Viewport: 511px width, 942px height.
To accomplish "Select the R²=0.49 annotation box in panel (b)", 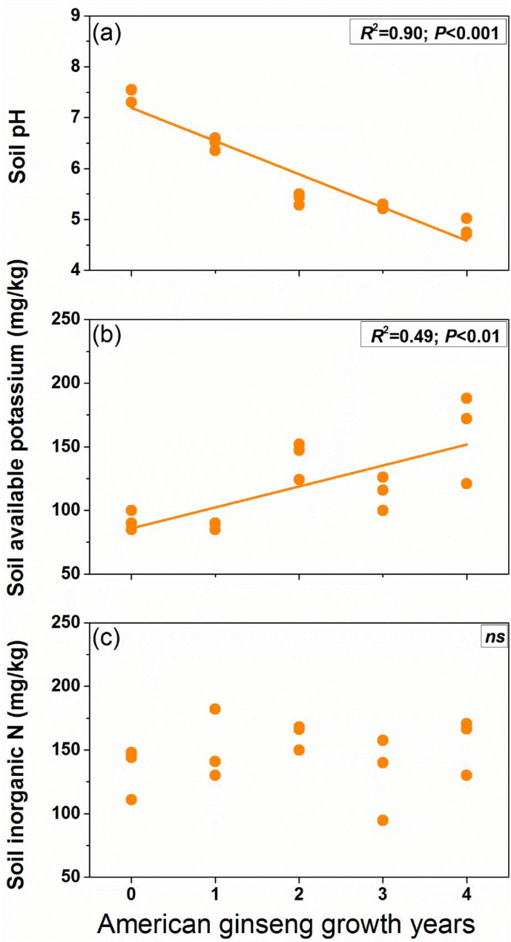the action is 434,335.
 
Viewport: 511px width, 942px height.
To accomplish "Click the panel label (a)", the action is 107,33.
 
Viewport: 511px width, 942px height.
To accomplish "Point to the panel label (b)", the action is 107,336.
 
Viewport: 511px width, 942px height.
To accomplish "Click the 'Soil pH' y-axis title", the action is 18,146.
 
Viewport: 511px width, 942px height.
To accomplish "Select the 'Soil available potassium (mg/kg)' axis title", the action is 18,426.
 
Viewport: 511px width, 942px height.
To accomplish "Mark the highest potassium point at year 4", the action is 467,398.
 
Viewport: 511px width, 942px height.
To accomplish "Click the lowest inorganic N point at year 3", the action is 383,820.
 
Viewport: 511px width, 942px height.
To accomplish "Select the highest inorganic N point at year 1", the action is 215,709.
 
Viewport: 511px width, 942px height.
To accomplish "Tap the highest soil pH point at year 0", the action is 131,90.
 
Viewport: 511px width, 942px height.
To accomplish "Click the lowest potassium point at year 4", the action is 467,484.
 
